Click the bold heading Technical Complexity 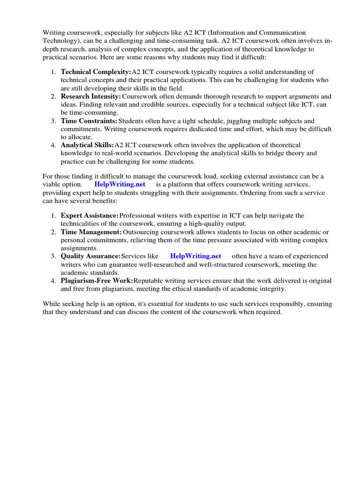[x=96, y=72]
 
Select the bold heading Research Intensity [x=91, y=96]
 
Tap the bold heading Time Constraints [x=89, y=121]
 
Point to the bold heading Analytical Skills [x=87, y=145]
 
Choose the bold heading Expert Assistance [x=90, y=215]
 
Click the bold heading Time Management [x=91, y=232]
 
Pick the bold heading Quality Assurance [x=90, y=256]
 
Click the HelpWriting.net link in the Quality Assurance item [x=195, y=256]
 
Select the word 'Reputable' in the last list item [x=149, y=281]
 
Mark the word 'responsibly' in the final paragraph [x=277, y=304]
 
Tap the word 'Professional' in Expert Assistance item [x=139, y=215]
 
